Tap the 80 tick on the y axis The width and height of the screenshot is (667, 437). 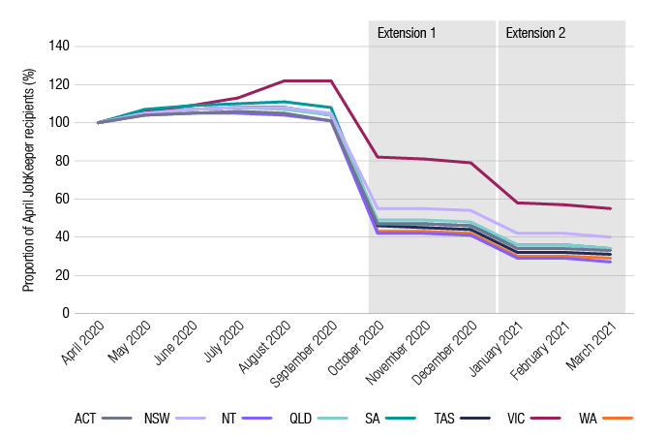[x=61, y=161]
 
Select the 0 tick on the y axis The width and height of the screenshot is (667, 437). [x=65, y=314]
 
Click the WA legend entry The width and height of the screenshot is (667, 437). [x=605, y=418]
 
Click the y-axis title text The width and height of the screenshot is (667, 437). [x=29, y=180]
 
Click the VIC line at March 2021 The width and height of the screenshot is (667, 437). [x=610, y=208]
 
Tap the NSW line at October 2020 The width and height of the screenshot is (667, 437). [x=377, y=208]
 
